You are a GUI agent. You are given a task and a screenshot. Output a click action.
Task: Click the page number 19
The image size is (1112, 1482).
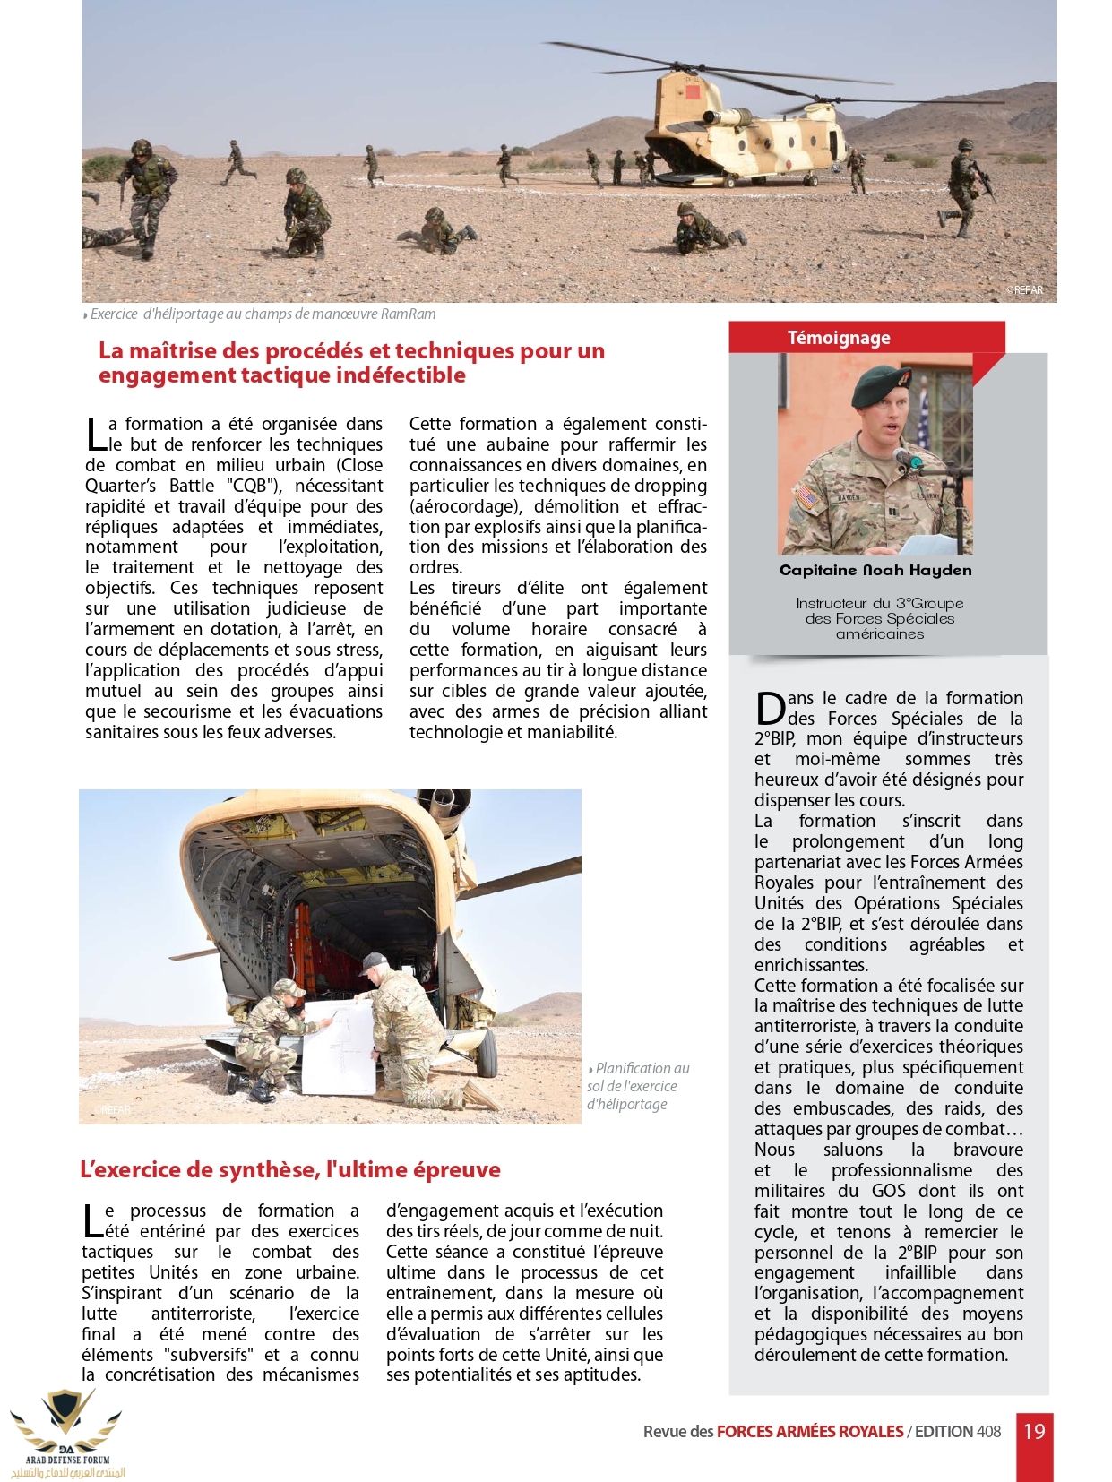pyautogui.click(x=1034, y=1431)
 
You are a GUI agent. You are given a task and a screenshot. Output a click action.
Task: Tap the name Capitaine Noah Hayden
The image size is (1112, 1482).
pyautogui.click(x=875, y=571)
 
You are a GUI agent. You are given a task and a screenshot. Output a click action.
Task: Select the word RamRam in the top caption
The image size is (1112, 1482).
pyautogui.click(x=409, y=314)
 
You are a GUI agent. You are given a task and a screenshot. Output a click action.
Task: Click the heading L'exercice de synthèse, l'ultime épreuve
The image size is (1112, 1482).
pyautogui.click(x=289, y=1169)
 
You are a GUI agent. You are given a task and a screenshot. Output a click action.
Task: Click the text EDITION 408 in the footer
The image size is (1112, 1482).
pyautogui.click(x=958, y=1432)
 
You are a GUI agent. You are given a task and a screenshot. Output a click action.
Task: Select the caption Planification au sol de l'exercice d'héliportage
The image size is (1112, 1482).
pyautogui.click(x=637, y=1086)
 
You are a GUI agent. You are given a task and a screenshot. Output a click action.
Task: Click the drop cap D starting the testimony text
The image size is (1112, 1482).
pyautogui.click(x=770, y=708)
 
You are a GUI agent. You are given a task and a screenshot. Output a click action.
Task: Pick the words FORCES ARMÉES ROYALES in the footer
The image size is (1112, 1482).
pyautogui.click(x=809, y=1432)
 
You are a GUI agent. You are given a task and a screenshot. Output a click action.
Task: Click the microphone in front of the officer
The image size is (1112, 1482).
pyautogui.click(x=907, y=459)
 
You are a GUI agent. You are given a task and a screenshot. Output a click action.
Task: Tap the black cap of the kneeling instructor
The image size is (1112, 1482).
pyautogui.click(x=372, y=963)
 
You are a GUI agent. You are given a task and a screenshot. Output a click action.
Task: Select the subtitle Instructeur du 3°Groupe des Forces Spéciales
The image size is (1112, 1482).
pyautogui.click(x=879, y=611)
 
